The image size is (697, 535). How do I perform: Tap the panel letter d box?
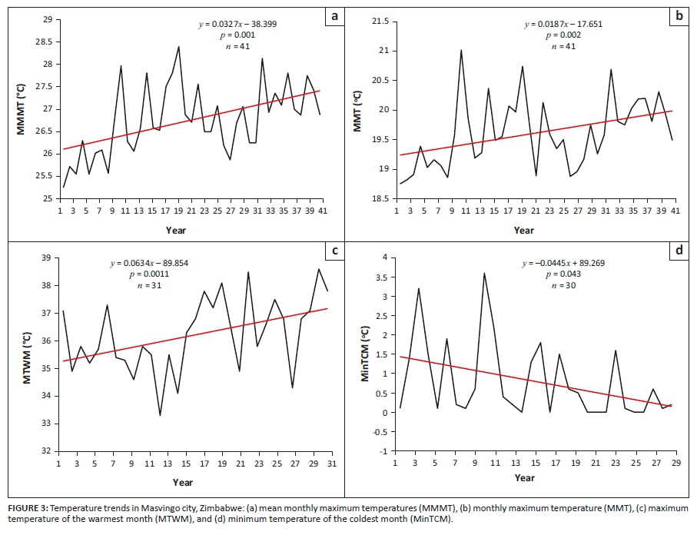coord(679,251)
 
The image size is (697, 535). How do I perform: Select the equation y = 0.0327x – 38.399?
coord(237,24)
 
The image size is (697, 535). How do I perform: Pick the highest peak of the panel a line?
coord(179,47)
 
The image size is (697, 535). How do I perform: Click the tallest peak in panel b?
coord(461,50)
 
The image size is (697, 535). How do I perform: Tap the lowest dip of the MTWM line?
coord(160,415)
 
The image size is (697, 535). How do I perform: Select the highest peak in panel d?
coord(484,273)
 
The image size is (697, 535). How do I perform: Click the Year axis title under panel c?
coord(183,482)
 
